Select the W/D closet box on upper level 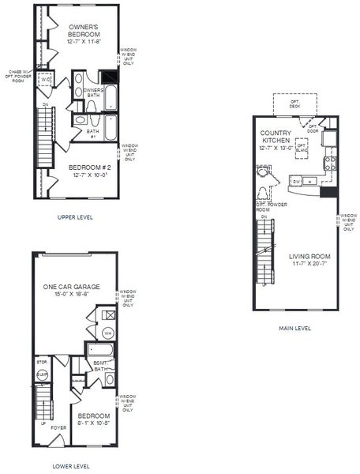[46, 81]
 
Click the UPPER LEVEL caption [75, 216]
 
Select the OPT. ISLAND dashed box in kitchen [302, 148]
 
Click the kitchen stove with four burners [331, 164]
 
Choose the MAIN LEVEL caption [294, 328]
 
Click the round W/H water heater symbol [107, 332]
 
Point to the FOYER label [58, 427]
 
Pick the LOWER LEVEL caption [71, 466]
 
